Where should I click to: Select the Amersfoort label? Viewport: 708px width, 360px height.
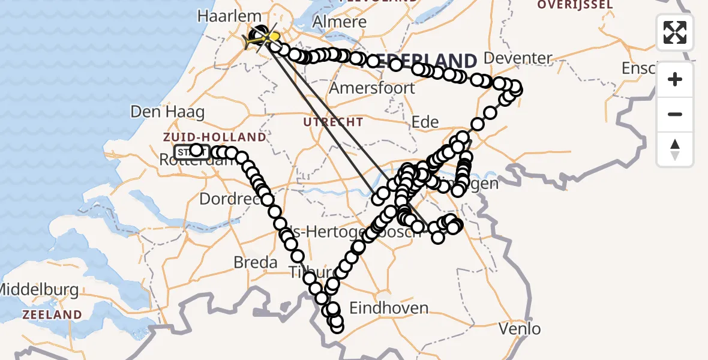[372, 88]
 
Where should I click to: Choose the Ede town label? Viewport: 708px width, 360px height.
[424, 122]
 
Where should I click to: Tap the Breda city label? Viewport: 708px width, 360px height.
[255, 262]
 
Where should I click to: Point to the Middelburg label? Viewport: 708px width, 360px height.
[39, 290]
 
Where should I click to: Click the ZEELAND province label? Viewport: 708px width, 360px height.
[52, 314]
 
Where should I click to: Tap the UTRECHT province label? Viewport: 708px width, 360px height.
[333, 122]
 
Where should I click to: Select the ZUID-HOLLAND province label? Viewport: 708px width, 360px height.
[214, 137]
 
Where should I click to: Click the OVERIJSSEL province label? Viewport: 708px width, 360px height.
[575, 5]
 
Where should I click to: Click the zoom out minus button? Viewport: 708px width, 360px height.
[675, 115]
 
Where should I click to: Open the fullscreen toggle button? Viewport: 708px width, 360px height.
[675, 32]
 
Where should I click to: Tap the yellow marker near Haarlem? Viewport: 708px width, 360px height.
[273, 37]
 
